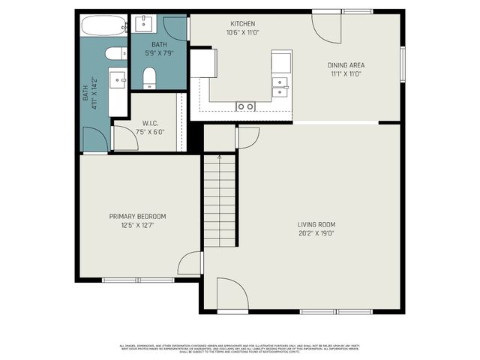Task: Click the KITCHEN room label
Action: (243, 23)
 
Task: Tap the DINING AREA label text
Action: (346, 65)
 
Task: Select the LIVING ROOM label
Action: (316, 224)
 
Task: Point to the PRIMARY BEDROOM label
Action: (137, 216)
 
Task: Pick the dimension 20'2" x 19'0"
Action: (316, 233)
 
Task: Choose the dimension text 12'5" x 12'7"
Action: (137, 225)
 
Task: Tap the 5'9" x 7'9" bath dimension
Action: (158, 53)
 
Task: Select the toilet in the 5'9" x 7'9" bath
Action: (148, 76)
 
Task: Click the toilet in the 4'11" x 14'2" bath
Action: (116, 53)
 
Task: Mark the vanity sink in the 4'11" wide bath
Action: (118, 79)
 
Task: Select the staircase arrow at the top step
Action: (219, 157)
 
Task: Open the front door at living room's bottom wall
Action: (231, 294)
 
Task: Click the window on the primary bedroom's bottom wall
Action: (138, 280)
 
